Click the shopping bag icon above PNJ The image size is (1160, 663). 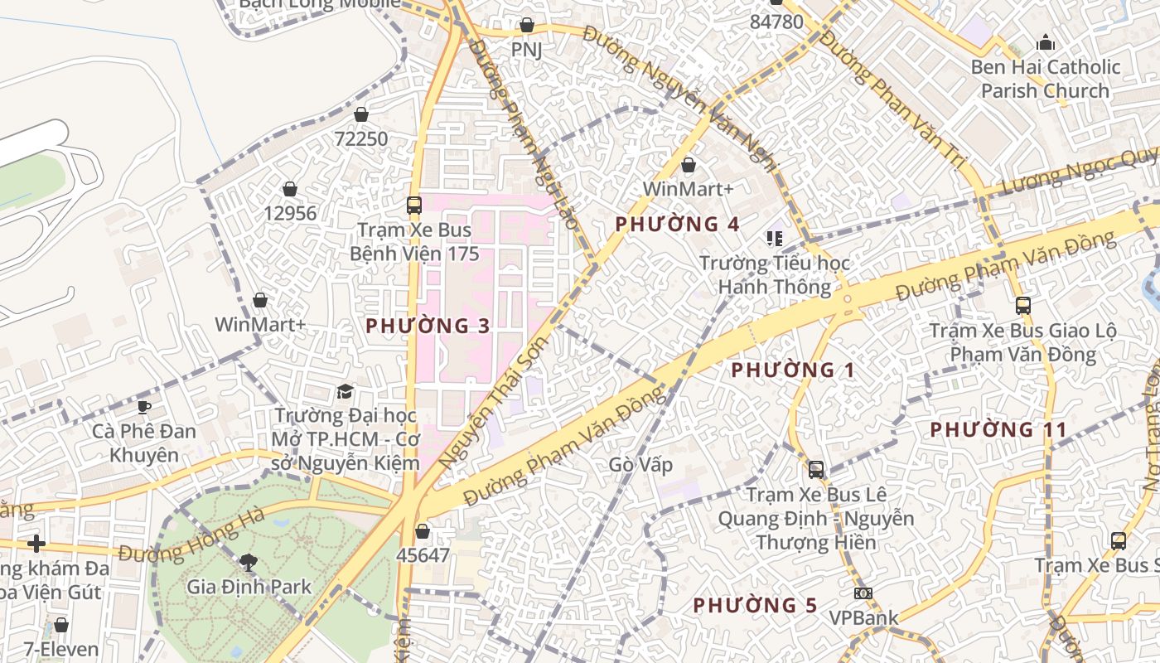pos(526,26)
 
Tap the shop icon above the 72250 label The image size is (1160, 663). pos(360,114)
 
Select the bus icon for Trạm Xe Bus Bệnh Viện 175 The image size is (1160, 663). pos(413,205)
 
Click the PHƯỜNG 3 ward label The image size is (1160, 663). pos(428,326)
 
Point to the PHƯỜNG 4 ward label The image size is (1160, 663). pos(677,224)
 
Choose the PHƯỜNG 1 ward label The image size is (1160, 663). pos(792,370)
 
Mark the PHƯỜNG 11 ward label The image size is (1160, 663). pos(998,429)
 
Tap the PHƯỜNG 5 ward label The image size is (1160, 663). pos(755,605)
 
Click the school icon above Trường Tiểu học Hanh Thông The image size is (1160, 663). pos(775,239)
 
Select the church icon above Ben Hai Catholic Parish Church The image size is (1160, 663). pos(1046,42)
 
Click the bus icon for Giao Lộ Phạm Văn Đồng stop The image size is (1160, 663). pos(1023,306)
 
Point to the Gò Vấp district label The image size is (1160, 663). pos(640,464)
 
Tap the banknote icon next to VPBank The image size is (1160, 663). pos(863,593)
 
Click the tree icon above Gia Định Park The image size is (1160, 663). pos(248,563)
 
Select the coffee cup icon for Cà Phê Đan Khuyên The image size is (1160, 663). pos(144,406)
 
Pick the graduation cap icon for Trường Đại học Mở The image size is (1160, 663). pos(345,390)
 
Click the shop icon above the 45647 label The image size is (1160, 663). pos(423,531)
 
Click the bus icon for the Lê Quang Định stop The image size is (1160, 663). pos(816,470)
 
